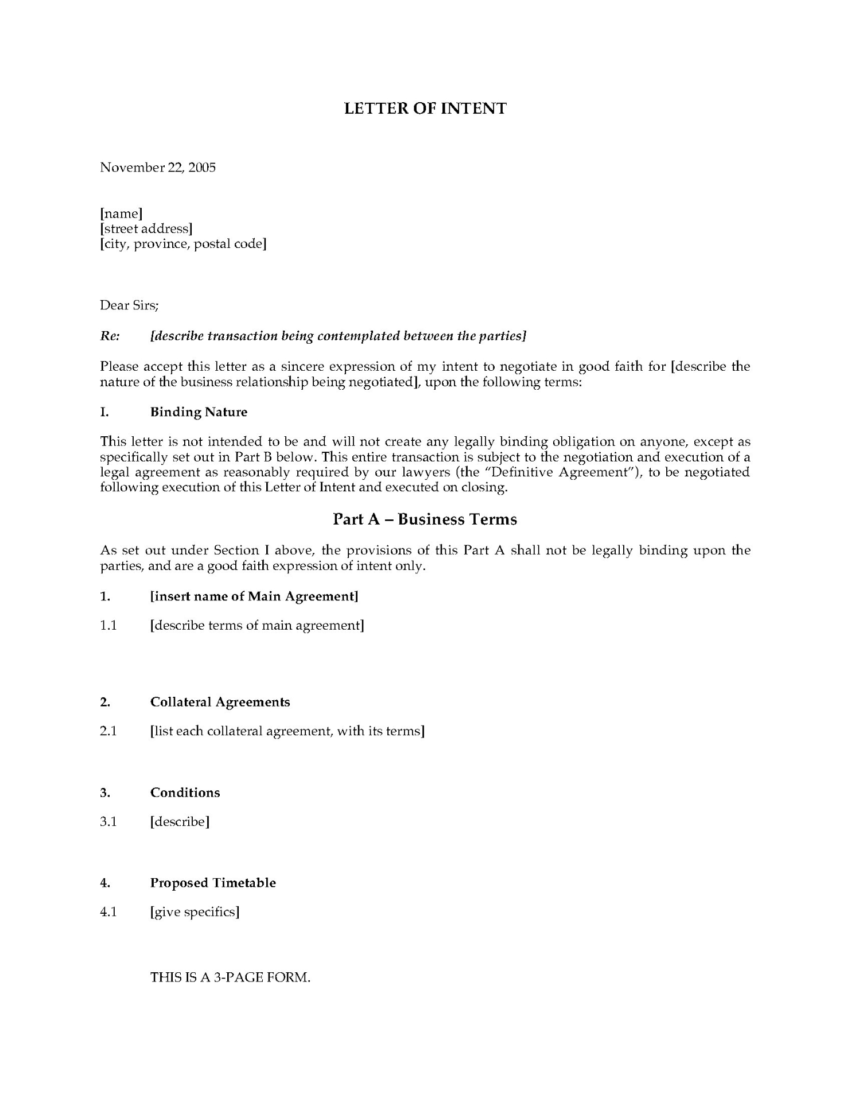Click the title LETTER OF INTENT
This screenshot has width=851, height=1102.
pyautogui.click(x=425, y=108)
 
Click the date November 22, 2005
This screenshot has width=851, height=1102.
pyautogui.click(x=158, y=168)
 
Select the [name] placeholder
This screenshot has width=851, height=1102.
pyautogui.click(x=121, y=214)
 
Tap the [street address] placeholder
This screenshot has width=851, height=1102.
pyautogui.click(x=146, y=229)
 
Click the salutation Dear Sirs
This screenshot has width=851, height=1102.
pyautogui.click(x=129, y=305)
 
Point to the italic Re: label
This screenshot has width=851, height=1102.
pyautogui.click(x=110, y=336)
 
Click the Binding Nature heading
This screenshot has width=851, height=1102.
pyautogui.click(x=199, y=412)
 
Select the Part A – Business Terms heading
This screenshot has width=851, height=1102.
pyautogui.click(x=425, y=519)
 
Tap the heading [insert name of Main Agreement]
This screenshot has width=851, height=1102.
pyautogui.click(x=254, y=596)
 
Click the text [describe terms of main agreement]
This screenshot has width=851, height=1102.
pyautogui.click(x=257, y=626)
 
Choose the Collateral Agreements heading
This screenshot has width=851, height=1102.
pyautogui.click(x=220, y=702)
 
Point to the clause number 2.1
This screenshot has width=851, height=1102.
pyautogui.click(x=108, y=731)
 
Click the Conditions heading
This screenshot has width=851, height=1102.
pyautogui.click(x=185, y=793)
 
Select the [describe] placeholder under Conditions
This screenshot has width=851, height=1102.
pyautogui.click(x=180, y=822)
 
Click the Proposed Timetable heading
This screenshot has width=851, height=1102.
pyautogui.click(x=213, y=883)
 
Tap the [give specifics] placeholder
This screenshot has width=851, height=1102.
pyautogui.click(x=195, y=912)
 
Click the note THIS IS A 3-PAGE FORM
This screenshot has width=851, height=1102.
pyautogui.click(x=230, y=977)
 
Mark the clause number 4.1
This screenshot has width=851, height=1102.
pyautogui.click(x=108, y=912)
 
